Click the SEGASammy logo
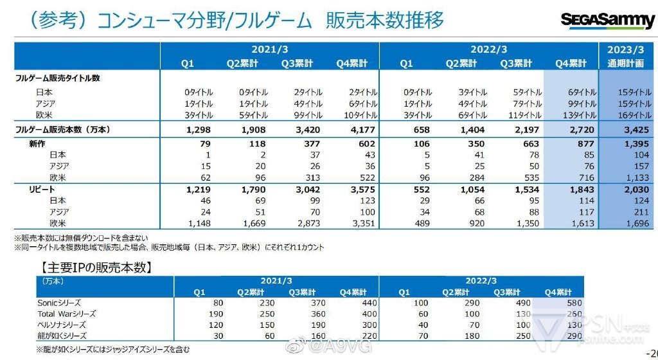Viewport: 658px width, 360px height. [607, 21]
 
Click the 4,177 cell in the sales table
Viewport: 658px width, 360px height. [354, 130]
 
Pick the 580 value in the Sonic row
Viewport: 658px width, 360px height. [573, 302]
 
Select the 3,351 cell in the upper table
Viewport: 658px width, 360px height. [354, 223]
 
